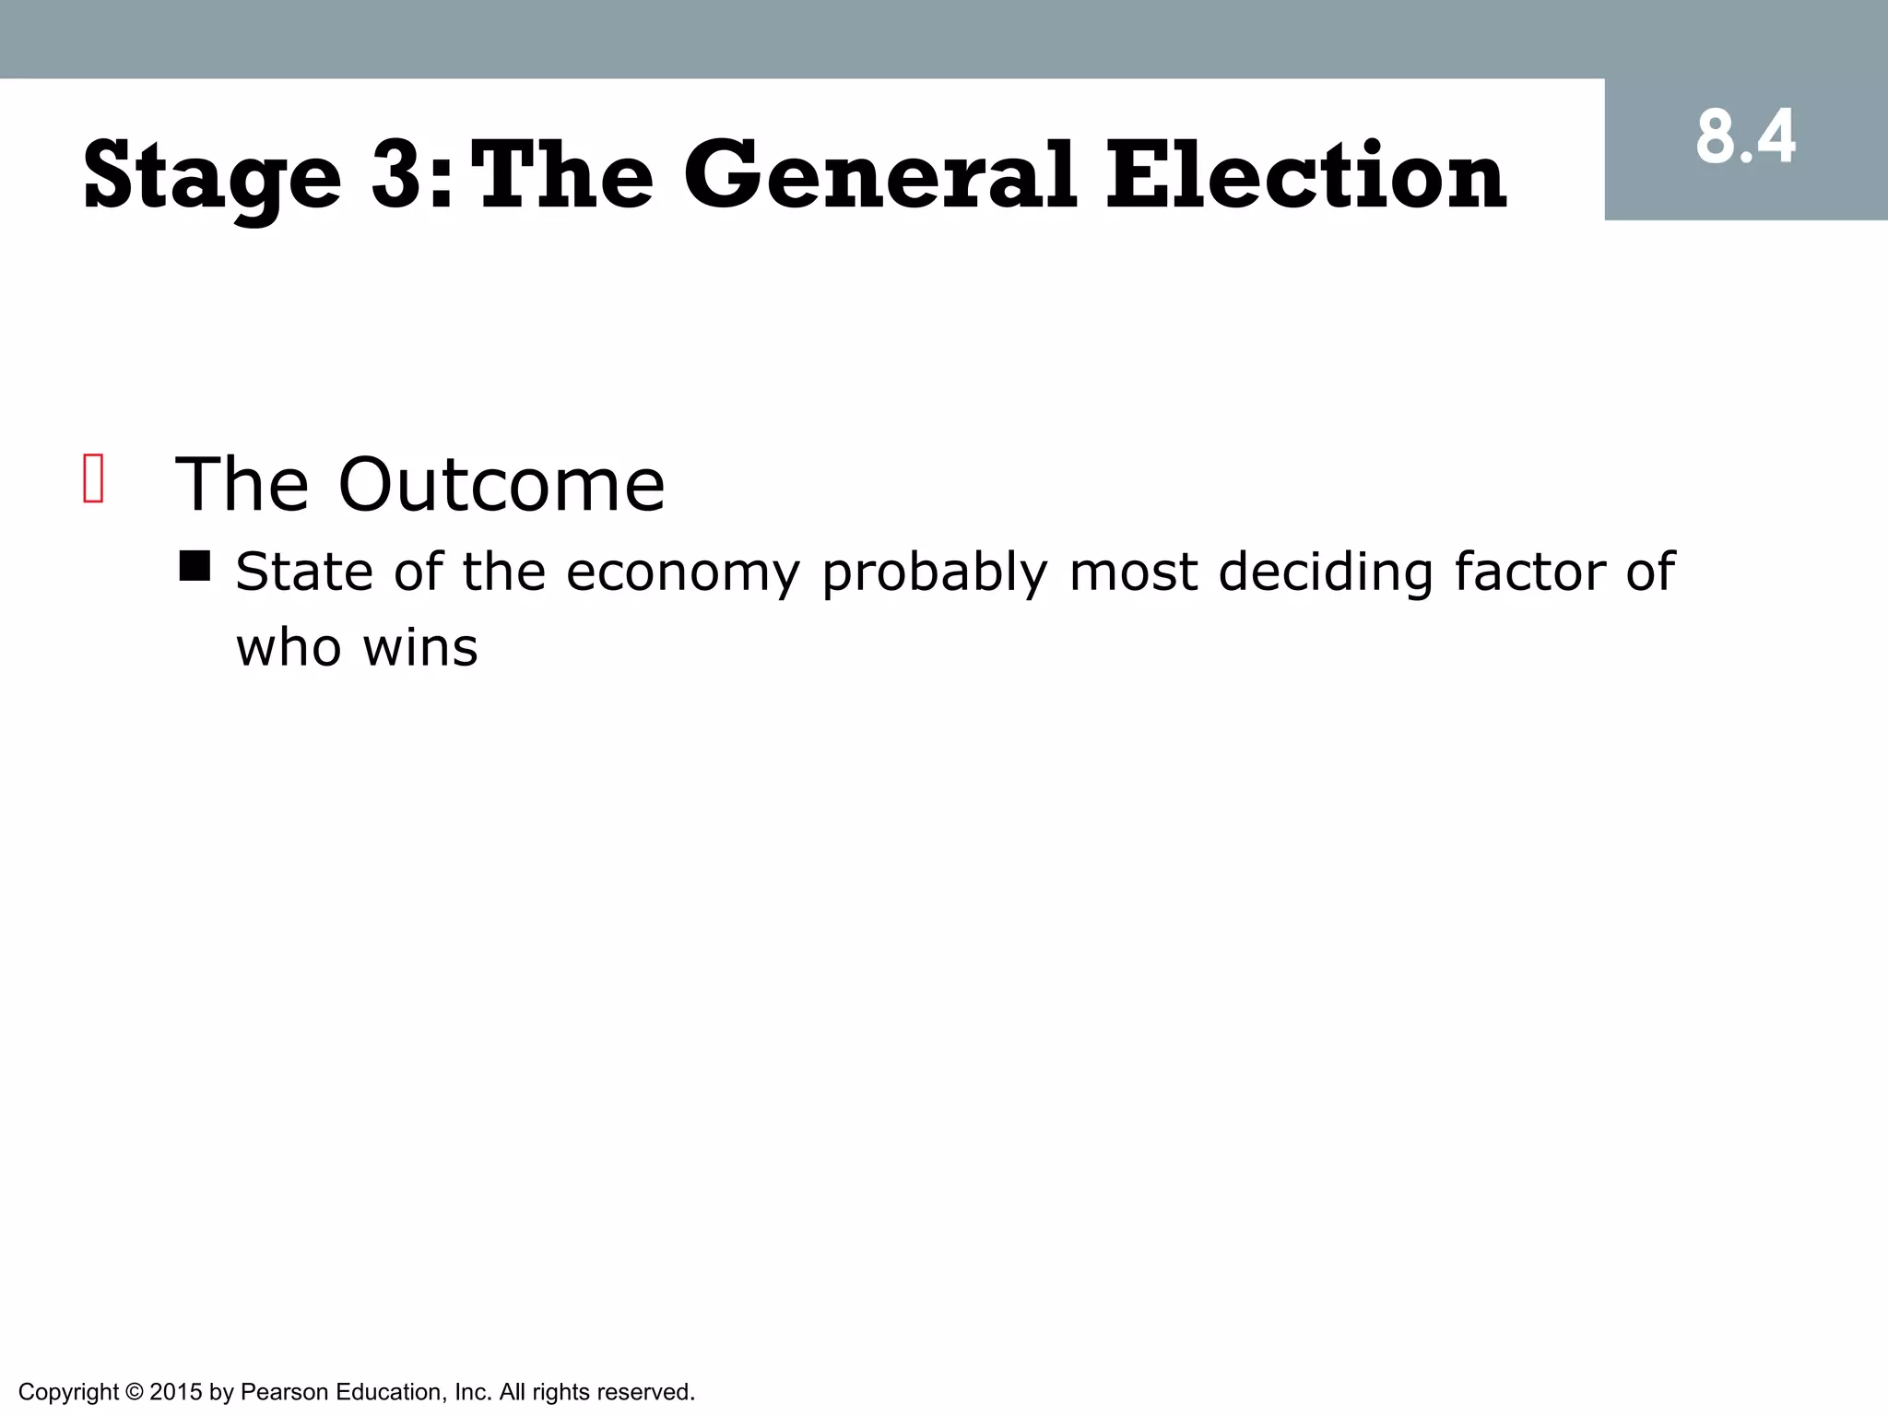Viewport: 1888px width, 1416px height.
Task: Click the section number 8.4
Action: [1745, 138]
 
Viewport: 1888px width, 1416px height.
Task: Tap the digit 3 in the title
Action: [402, 175]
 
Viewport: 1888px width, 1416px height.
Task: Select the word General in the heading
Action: [879, 175]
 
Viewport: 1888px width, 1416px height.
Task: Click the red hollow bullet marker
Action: [93, 478]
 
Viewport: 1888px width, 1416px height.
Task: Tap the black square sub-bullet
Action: [195, 566]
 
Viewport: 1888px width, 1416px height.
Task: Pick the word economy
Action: [683, 573]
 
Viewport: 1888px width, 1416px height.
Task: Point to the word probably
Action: [935, 573]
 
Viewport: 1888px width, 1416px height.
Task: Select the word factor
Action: [1530, 572]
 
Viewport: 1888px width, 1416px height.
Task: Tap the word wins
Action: [420, 647]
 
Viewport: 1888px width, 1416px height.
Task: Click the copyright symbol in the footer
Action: [134, 1392]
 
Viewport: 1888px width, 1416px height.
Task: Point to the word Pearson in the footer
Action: [284, 1392]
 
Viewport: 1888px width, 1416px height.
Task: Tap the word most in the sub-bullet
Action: [1133, 573]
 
